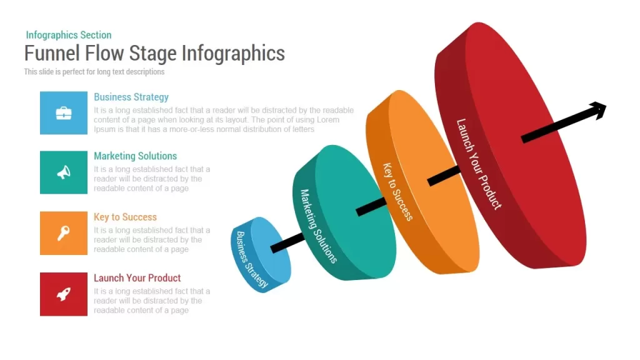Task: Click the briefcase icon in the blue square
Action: tap(64, 113)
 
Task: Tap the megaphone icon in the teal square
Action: tap(64, 172)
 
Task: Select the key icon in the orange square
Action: tap(63, 233)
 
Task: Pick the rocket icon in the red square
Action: tap(64, 294)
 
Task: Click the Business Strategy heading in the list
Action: tap(131, 97)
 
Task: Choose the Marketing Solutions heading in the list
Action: tap(135, 156)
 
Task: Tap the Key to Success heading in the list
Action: tap(125, 217)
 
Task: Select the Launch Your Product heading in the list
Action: tap(137, 278)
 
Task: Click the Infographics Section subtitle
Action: tap(69, 35)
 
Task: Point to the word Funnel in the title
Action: tap(52, 53)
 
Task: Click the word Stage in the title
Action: tap(153, 54)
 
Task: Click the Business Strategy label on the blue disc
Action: tap(252, 259)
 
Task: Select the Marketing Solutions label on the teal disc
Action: tap(319, 226)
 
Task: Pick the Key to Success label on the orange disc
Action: tap(397, 191)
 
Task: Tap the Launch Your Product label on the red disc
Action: tap(478, 164)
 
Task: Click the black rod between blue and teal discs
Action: tap(287, 242)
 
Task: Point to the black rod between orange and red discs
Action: tap(444, 176)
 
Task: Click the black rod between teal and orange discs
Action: tap(371, 206)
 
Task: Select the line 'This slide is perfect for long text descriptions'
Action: tap(94, 72)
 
